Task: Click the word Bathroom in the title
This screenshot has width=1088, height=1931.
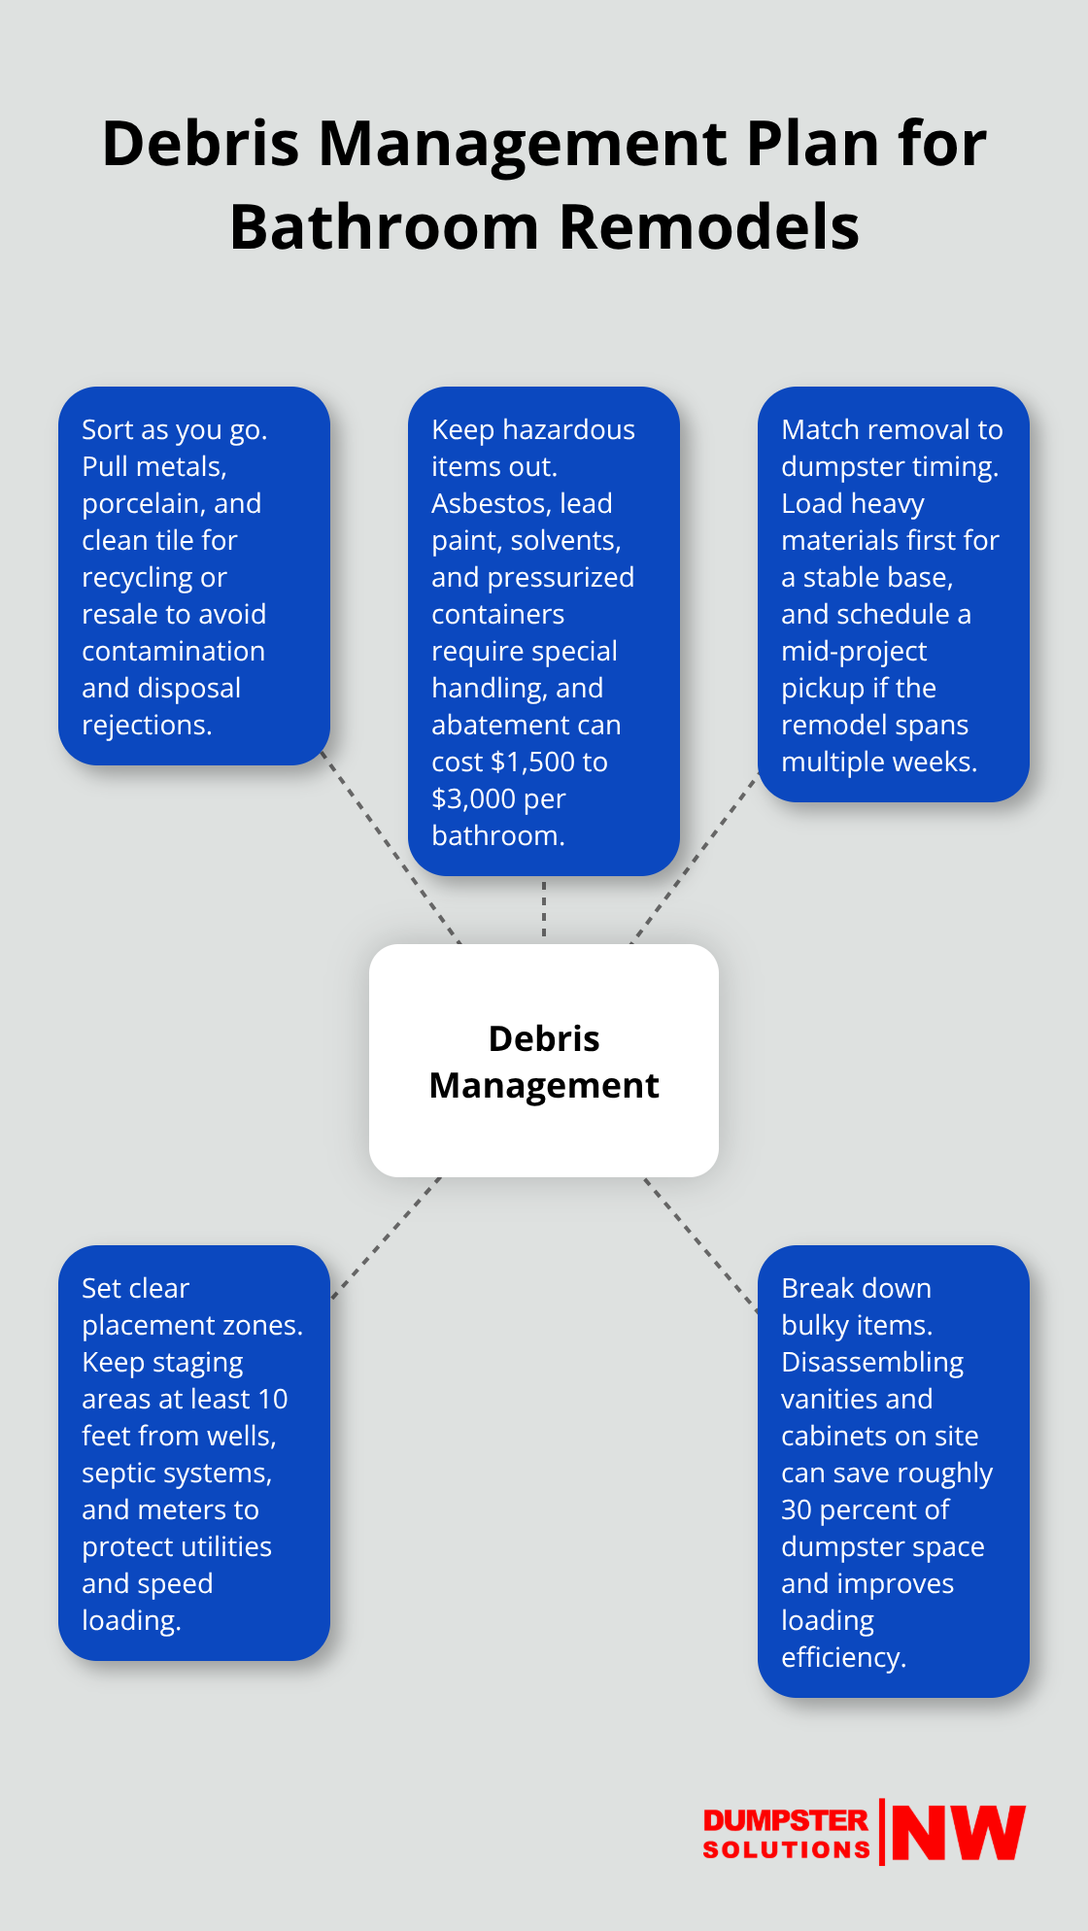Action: click(x=384, y=227)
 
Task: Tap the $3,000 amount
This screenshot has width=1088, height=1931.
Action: click(x=473, y=798)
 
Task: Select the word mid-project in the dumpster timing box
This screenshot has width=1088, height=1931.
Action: click(x=854, y=651)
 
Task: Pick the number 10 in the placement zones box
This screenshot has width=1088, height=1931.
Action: click(x=273, y=1399)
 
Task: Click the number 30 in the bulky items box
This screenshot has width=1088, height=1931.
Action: click(x=797, y=1509)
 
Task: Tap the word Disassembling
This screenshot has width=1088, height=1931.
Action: click(x=871, y=1362)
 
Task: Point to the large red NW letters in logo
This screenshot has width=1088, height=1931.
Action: click(x=958, y=1833)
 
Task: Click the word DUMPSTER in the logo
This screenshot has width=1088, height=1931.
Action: click(x=785, y=1820)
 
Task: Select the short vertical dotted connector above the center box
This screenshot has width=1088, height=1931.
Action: click(x=544, y=909)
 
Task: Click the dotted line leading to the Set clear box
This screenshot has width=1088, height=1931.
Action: click(x=387, y=1237)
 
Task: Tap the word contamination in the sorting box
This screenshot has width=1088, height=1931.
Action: click(x=173, y=651)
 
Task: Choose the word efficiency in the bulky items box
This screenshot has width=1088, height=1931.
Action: click(x=842, y=1657)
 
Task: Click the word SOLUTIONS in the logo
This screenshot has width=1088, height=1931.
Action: click(x=786, y=1849)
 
